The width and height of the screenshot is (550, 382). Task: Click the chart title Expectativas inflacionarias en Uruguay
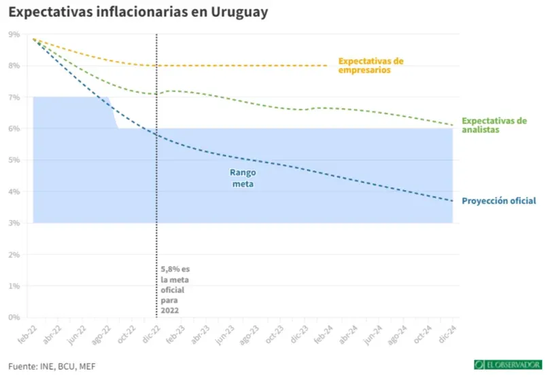138,12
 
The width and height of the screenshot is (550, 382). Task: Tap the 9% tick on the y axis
14,34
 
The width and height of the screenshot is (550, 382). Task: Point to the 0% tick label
14,318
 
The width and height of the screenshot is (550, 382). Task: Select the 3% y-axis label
14,223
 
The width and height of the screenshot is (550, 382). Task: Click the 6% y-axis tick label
14,129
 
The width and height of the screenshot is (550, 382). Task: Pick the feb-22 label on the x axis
26,334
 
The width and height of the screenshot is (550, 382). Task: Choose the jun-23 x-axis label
224,334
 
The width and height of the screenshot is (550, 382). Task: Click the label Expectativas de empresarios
371,65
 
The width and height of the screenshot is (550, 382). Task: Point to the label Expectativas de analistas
494,125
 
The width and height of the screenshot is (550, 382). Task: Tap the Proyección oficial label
499,201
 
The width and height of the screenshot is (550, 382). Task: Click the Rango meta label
243,178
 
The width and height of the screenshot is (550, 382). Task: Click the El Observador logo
507,365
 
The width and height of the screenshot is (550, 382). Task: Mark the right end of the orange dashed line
328,66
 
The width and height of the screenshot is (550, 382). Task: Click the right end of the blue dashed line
452,201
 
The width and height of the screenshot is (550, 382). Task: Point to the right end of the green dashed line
452,125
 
